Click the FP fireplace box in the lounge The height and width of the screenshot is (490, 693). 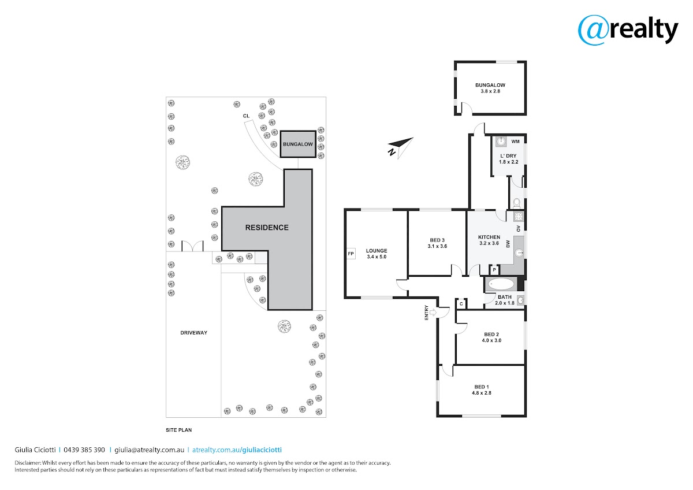[x=351, y=254]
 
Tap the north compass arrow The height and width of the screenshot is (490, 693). [x=401, y=148]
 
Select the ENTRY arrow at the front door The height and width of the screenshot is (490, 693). [x=433, y=313]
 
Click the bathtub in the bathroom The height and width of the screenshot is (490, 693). [x=501, y=284]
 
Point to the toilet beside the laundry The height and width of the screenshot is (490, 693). [x=517, y=203]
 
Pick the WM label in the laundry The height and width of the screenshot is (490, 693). [x=515, y=142]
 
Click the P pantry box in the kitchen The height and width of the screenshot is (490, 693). [x=494, y=270]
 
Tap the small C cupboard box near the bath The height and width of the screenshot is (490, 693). [x=461, y=304]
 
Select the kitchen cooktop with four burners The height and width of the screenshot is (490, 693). [x=519, y=216]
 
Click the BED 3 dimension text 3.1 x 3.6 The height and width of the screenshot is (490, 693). [x=437, y=246]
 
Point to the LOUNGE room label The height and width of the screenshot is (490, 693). [x=377, y=251]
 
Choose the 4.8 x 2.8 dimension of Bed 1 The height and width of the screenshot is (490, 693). [x=482, y=393]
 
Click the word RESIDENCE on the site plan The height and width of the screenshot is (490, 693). [x=267, y=228]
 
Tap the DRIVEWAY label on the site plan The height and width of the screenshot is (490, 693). [x=193, y=333]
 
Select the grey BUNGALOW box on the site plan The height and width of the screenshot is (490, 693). [x=298, y=144]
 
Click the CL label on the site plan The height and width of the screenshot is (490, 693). [x=246, y=116]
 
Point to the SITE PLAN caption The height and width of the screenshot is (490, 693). [x=179, y=430]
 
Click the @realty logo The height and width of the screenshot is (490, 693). [x=628, y=30]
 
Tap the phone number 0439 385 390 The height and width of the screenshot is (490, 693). [x=84, y=450]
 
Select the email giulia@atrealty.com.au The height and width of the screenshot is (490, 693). [x=150, y=450]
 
